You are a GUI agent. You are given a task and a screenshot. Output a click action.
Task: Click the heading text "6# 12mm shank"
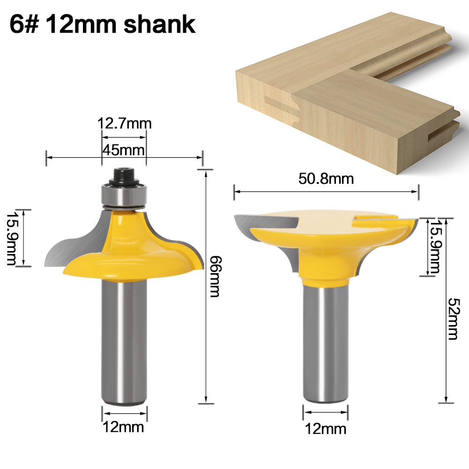pos(102,25)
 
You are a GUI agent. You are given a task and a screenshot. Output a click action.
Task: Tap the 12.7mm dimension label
pos(124,124)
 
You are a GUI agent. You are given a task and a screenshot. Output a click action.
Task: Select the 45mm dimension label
pos(124,151)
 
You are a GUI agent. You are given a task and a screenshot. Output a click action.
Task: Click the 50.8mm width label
pos(326,179)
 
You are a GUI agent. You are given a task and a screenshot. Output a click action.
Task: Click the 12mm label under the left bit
pos(124,427)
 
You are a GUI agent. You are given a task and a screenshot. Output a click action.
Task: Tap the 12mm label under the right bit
pos(325,428)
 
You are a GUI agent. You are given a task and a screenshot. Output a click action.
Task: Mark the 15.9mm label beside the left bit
pos(12,238)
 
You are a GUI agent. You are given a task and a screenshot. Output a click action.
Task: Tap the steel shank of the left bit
pos(124,342)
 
